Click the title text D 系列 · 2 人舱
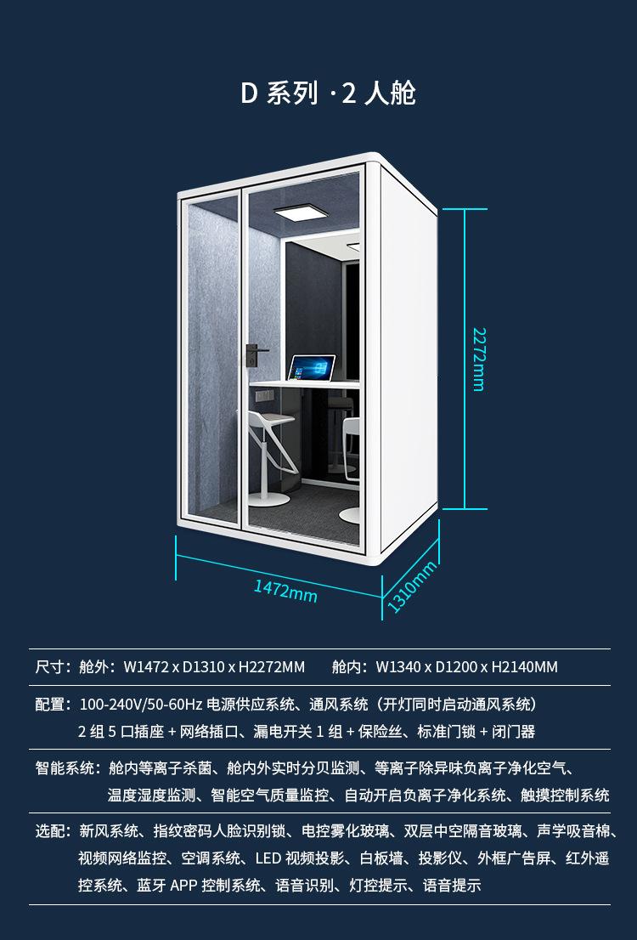point(328,93)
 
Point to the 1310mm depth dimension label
point(412,586)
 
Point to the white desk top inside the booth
point(306,385)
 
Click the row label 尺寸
point(52,667)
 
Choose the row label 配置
point(52,705)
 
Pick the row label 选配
point(52,831)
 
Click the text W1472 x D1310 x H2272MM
point(214,667)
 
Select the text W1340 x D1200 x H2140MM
point(467,667)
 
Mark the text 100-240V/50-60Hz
point(141,705)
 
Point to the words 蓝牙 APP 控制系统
point(200,886)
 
